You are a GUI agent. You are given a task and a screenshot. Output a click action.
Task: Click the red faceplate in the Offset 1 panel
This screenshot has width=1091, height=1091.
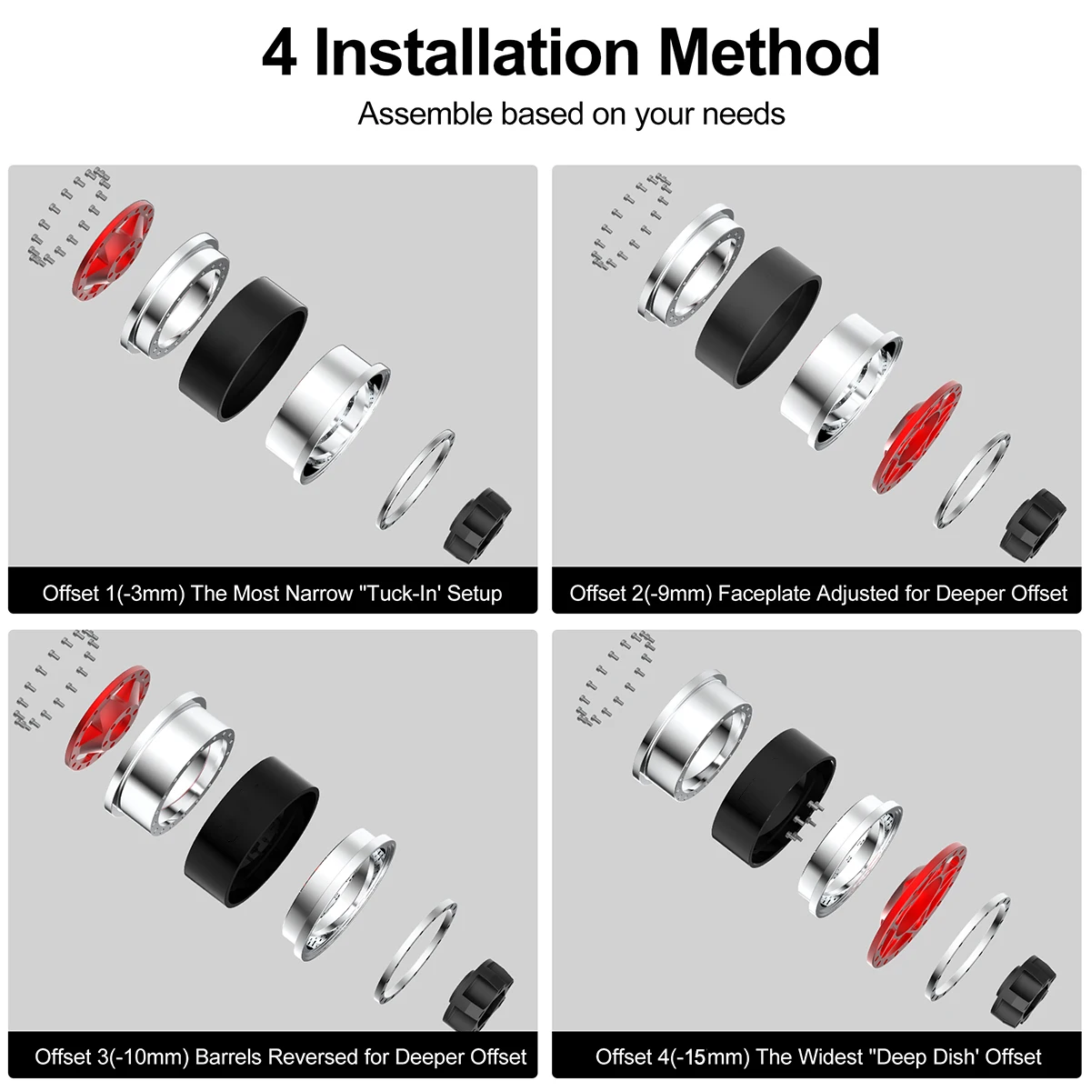click(113, 250)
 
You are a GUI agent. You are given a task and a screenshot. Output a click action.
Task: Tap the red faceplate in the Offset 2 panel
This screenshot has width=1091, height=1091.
click(917, 437)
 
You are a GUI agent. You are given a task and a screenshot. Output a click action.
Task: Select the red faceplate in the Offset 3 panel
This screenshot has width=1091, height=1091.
click(108, 717)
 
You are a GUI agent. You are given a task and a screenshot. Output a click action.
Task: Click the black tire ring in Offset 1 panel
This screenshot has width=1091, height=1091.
click(244, 348)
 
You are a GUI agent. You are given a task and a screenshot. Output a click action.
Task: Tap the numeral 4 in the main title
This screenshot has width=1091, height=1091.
click(279, 54)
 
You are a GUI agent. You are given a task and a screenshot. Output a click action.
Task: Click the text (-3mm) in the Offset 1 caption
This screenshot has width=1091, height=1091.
click(151, 594)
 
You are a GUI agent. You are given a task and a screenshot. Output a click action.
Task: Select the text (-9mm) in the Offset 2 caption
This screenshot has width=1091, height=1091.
click(677, 594)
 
